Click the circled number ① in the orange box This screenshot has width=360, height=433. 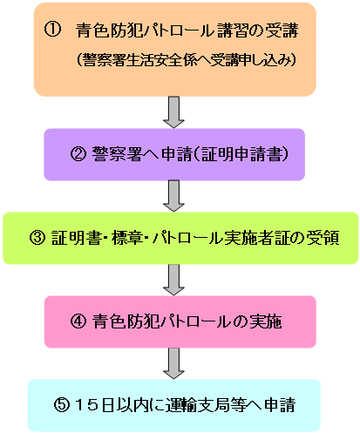point(52,30)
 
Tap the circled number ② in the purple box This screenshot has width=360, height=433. point(78,154)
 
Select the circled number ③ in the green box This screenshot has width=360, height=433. point(37,238)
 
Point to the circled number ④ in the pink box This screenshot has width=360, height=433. point(78,321)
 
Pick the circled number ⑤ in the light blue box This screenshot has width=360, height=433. point(62,405)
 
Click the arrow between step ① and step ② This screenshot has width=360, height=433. point(173,112)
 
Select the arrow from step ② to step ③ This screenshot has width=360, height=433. point(173,196)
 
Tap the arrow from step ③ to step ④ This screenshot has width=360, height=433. point(173,280)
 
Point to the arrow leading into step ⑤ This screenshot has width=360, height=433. point(173,363)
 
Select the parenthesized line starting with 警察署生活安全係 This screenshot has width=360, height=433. point(187,60)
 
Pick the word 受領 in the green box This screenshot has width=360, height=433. point(323,238)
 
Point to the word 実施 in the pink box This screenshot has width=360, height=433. point(266,321)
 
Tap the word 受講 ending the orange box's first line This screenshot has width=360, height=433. point(282,30)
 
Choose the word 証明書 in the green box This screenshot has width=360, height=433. point(76,238)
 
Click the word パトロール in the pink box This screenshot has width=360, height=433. point(195,321)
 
